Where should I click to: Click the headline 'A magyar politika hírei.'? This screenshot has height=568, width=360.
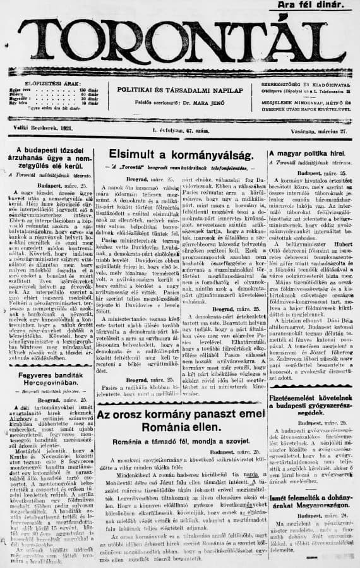[x=309, y=154]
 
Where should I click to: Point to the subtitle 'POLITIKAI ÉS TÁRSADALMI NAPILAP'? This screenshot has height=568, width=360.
[x=180, y=90]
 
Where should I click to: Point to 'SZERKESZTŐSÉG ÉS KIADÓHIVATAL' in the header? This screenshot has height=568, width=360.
[x=309, y=84]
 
